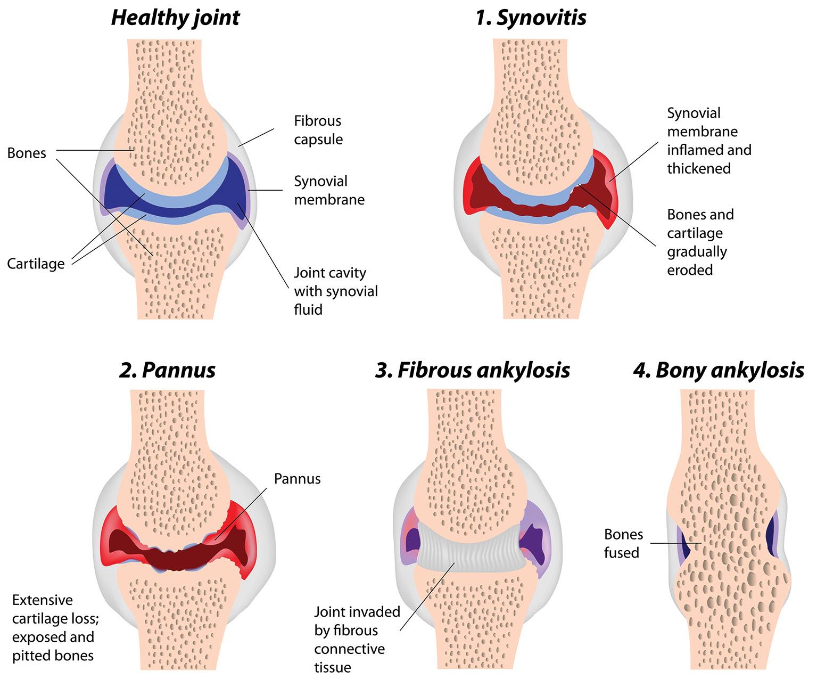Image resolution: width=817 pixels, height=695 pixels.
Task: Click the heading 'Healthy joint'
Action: pos(175,18)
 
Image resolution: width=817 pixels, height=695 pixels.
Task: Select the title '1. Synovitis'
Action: pos(531,18)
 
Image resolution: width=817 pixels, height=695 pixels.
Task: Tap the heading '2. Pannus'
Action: pos(167,370)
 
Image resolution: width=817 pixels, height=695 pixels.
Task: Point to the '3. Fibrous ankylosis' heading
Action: pos(473,370)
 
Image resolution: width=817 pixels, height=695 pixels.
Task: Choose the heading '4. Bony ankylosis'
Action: pos(719,370)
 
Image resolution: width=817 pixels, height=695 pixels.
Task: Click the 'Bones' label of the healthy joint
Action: pos(27,153)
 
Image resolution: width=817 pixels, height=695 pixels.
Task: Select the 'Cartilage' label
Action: pos(36,264)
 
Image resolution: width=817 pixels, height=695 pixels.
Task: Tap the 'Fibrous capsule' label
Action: pos(318,130)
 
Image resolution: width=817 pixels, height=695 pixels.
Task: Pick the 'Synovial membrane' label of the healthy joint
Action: pos(329,190)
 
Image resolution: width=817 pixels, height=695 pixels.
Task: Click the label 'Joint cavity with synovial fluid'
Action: pos(335,291)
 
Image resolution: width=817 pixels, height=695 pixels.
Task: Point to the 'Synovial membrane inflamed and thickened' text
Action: pos(708,141)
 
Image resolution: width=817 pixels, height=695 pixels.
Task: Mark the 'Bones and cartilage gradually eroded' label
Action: pos(700,242)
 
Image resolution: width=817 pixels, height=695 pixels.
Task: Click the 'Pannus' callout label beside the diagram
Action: pos(297,478)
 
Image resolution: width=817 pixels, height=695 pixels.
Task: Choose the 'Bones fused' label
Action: pos(623,543)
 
